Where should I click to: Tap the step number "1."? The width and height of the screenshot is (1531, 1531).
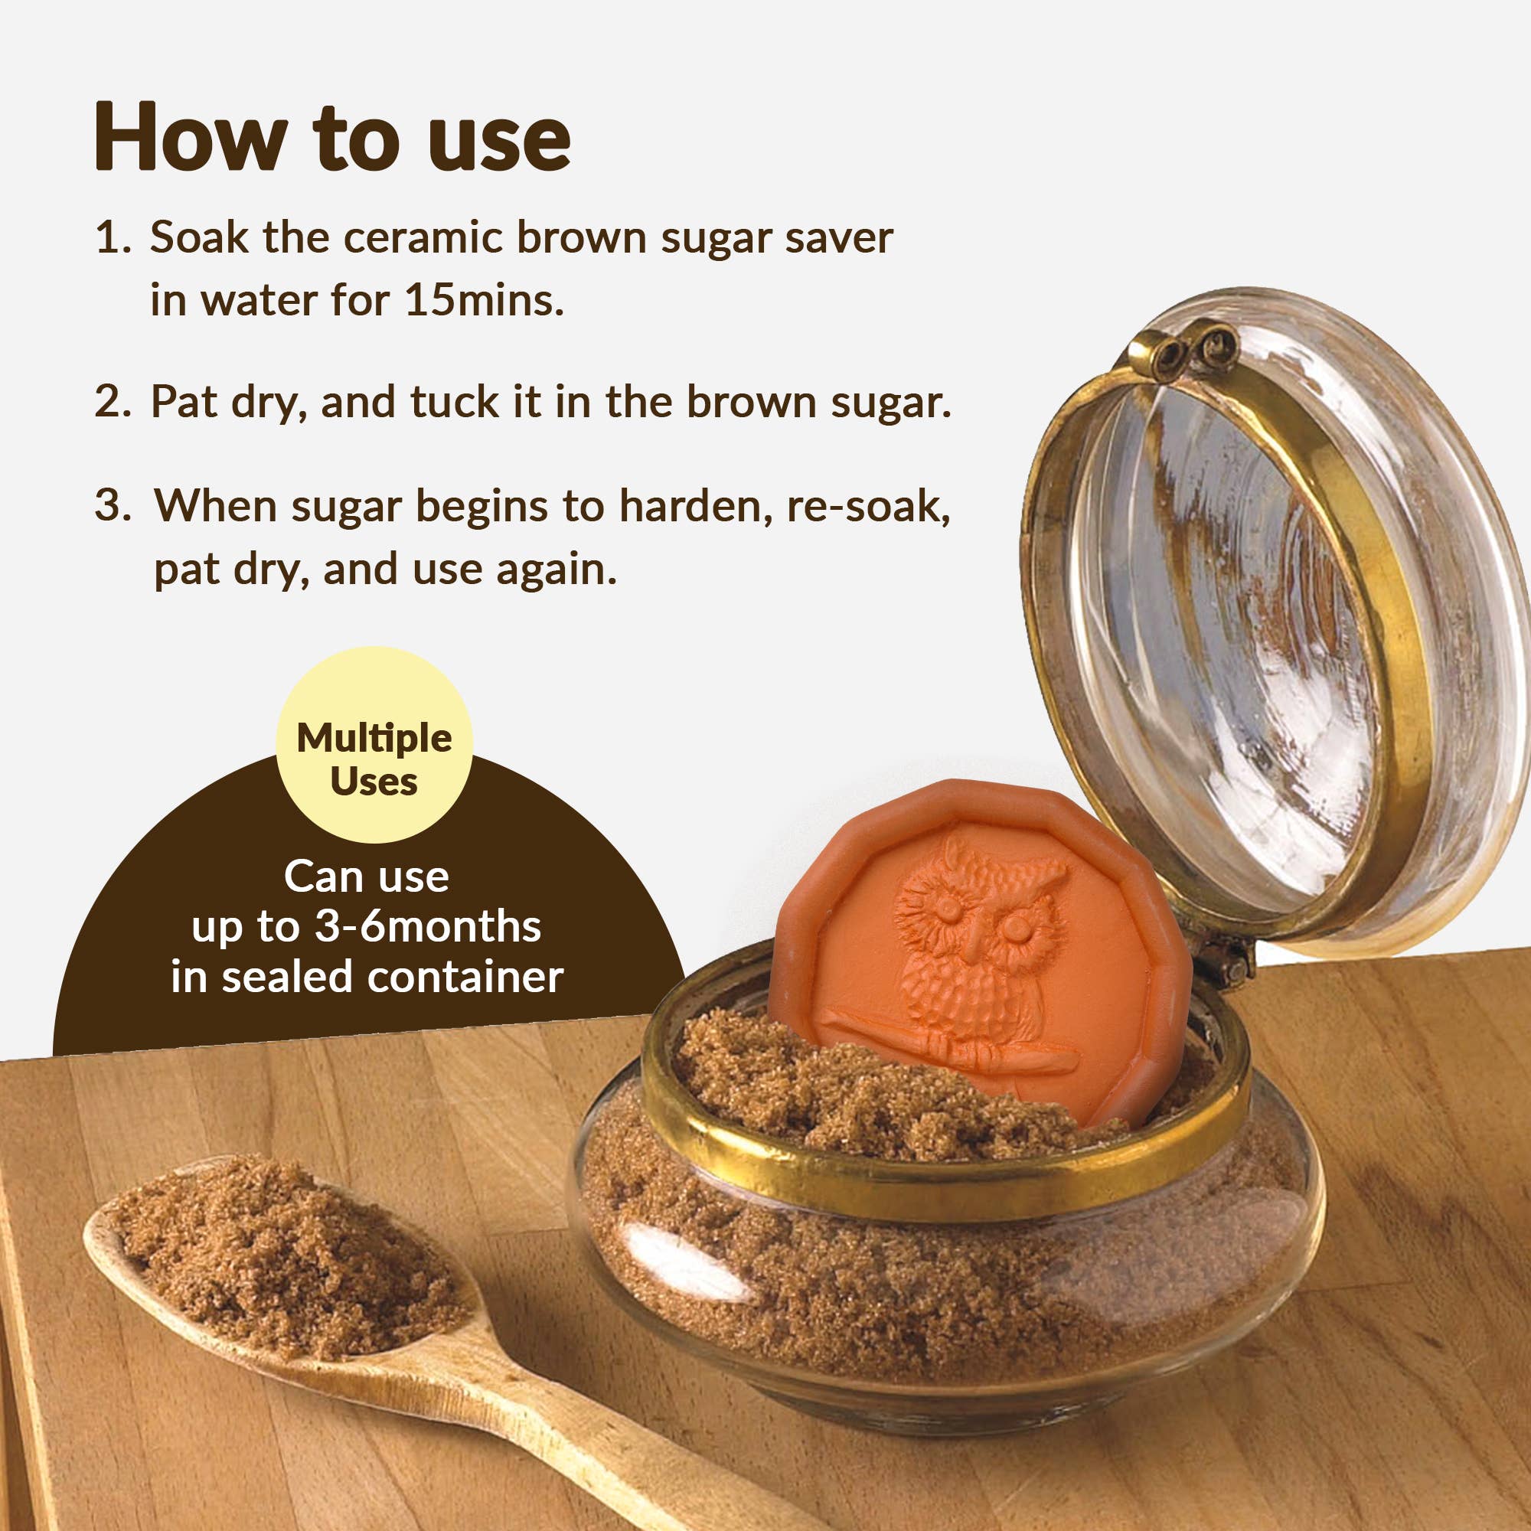pos(113,238)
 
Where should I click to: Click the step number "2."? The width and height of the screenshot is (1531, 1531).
pos(113,402)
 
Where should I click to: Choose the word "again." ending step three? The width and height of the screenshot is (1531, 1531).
pos(556,569)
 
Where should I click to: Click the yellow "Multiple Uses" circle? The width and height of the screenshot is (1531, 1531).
pos(374,745)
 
